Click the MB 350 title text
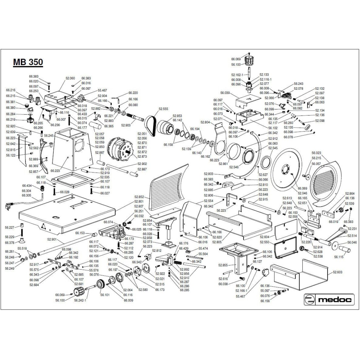point(28,62)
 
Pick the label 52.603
point(338,272)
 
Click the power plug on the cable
point(9,206)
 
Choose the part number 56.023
point(316,153)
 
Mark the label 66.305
point(27,195)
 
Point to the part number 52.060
point(70,79)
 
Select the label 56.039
point(225,93)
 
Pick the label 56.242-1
point(80,300)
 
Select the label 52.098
point(320,121)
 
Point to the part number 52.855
point(224,264)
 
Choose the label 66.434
point(27,186)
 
